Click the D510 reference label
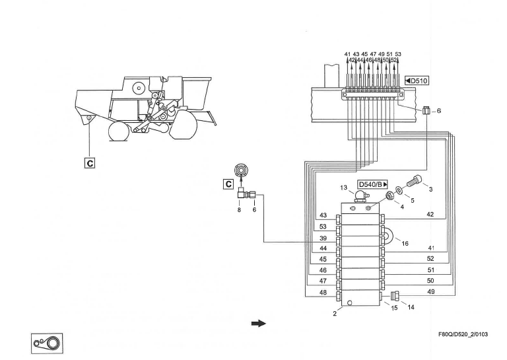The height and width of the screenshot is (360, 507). click(419, 81)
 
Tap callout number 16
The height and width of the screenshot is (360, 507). click(406, 244)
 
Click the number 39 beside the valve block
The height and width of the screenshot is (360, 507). click(323, 237)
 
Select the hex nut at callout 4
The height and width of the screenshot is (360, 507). click(390, 196)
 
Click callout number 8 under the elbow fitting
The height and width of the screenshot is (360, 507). click(238, 210)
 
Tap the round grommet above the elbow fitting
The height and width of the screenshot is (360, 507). click(244, 170)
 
